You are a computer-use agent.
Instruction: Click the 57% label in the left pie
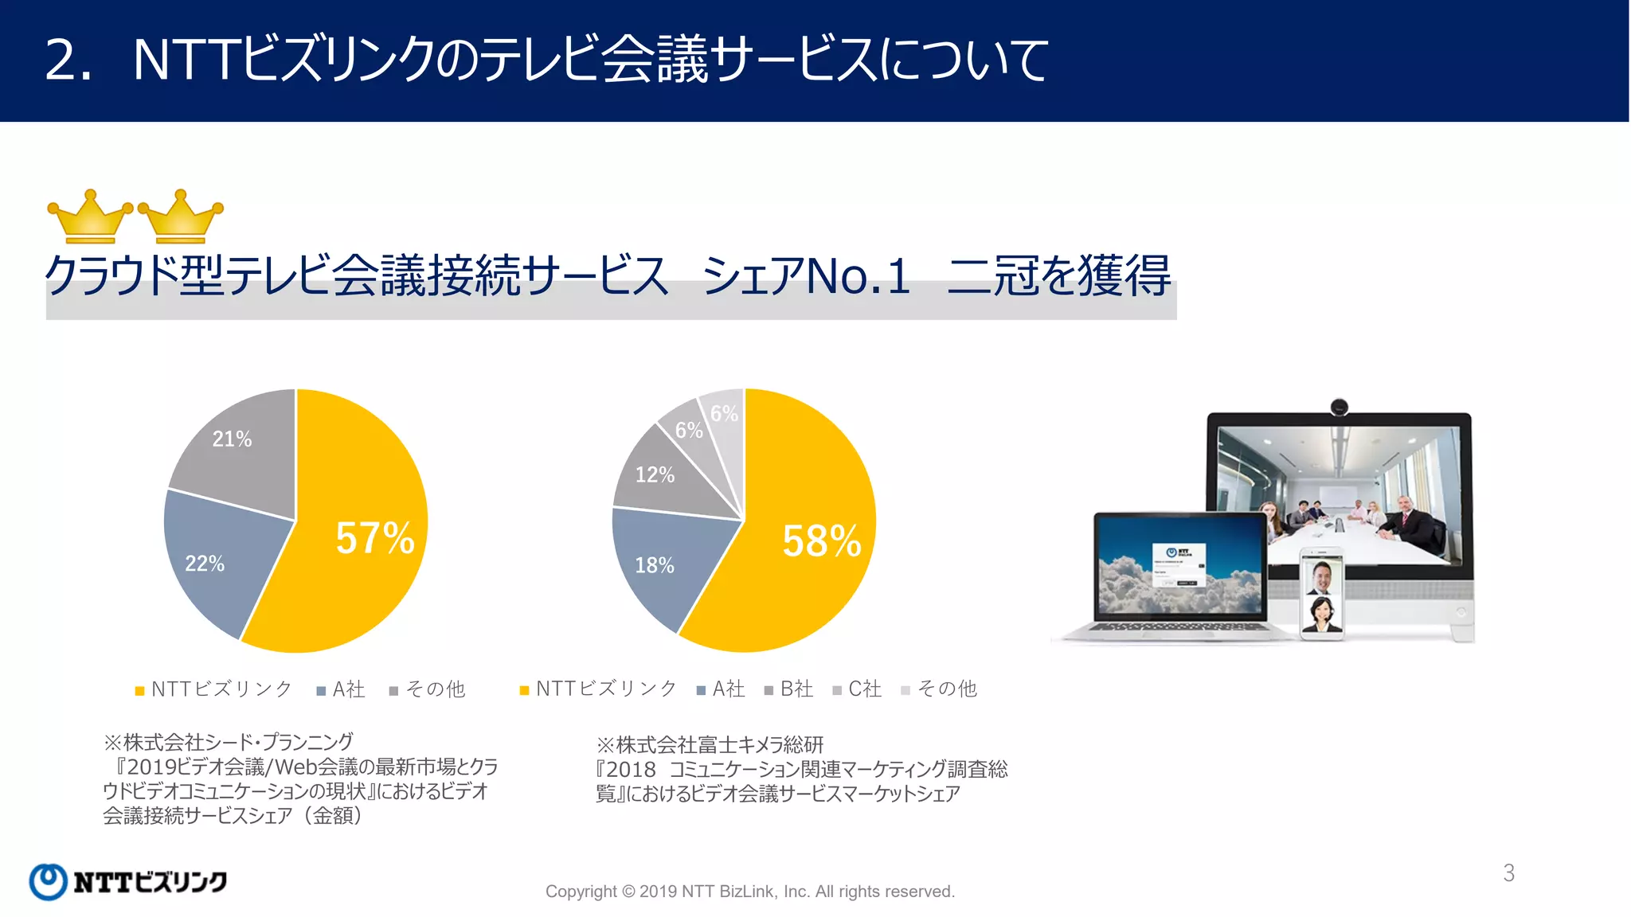pyautogui.click(x=375, y=538)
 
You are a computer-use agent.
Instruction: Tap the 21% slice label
pyautogui.click(x=232, y=439)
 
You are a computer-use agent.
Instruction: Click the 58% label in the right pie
pyautogui.click(x=822, y=541)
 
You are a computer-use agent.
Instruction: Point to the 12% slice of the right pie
pyautogui.click(x=655, y=475)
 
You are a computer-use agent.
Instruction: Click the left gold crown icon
pyautogui.click(x=90, y=217)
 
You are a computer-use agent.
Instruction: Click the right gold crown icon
pyautogui.click(x=181, y=217)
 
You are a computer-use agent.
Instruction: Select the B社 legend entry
pyautogui.click(x=789, y=689)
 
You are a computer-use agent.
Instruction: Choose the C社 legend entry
pyautogui.click(x=858, y=689)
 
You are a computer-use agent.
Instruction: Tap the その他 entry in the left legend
pyautogui.click(x=428, y=689)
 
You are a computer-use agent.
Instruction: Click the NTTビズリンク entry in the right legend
pyautogui.click(x=598, y=689)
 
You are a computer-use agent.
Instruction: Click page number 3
pyautogui.click(x=1508, y=873)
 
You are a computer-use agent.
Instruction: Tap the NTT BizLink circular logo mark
pyautogui.click(x=48, y=882)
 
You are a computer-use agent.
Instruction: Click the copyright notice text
pyautogui.click(x=749, y=892)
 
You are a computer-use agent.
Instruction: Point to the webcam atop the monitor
pyautogui.click(x=1340, y=408)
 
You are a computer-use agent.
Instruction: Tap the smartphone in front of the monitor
pyautogui.click(x=1322, y=594)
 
